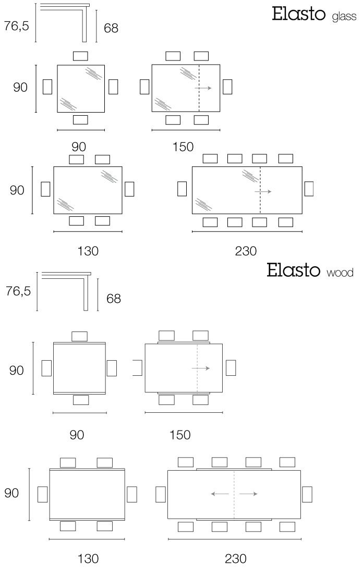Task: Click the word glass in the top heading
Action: pos(344,17)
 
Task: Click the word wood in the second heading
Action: pos(340,273)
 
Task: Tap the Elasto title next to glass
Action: pos(298,14)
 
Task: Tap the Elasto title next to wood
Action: pos(294,269)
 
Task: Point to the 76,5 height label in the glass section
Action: pos(17,26)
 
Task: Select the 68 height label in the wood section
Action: pos(113,299)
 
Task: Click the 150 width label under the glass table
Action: pos(183,147)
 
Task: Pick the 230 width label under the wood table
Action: pos(236,559)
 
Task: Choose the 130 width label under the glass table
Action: pos(88,251)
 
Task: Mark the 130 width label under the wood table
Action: pos(88,559)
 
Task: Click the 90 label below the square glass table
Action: pos(79,147)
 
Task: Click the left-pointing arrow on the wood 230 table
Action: pos(220,494)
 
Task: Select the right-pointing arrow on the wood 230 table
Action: pos(248,494)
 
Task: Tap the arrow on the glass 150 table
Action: pos(203,88)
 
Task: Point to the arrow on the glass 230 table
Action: pos(263,191)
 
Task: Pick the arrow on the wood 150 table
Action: pos(201,368)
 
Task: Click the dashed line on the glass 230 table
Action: pos(260,190)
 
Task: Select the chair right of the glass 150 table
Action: pos(227,87)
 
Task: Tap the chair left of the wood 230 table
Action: pos(161,494)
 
